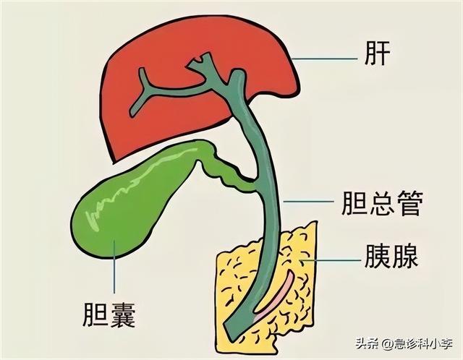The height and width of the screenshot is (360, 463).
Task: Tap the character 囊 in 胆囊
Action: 123,315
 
